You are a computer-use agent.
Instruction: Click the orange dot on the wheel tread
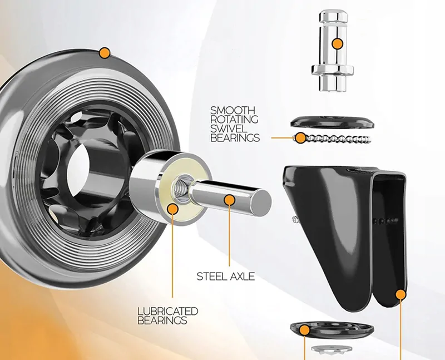tap(103, 53)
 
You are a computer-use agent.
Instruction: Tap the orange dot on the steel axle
tap(228, 199)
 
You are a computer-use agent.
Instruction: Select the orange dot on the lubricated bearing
tap(172, 209)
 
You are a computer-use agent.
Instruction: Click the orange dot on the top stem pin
tap(336, 43)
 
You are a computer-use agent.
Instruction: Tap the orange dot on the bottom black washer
tap(304, 331)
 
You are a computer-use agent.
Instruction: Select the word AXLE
tap(241, 276)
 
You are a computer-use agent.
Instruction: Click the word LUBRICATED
tap(167, 311)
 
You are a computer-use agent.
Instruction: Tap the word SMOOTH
tap(233, 110)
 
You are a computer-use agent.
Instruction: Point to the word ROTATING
tap(234, 119)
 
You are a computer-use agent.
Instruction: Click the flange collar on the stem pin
tap(332, 70)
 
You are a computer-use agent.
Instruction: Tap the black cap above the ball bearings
tap(332, 121)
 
